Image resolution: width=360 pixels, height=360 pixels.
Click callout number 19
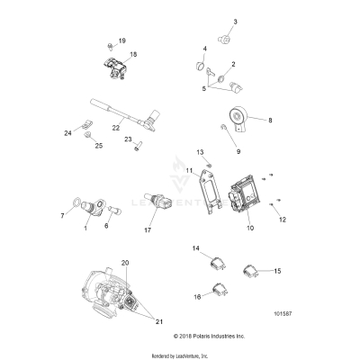(122, 41)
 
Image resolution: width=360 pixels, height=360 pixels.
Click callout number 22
(115, 128)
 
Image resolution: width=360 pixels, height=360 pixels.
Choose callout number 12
(282, 219)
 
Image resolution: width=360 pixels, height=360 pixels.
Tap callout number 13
(201, 152)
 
